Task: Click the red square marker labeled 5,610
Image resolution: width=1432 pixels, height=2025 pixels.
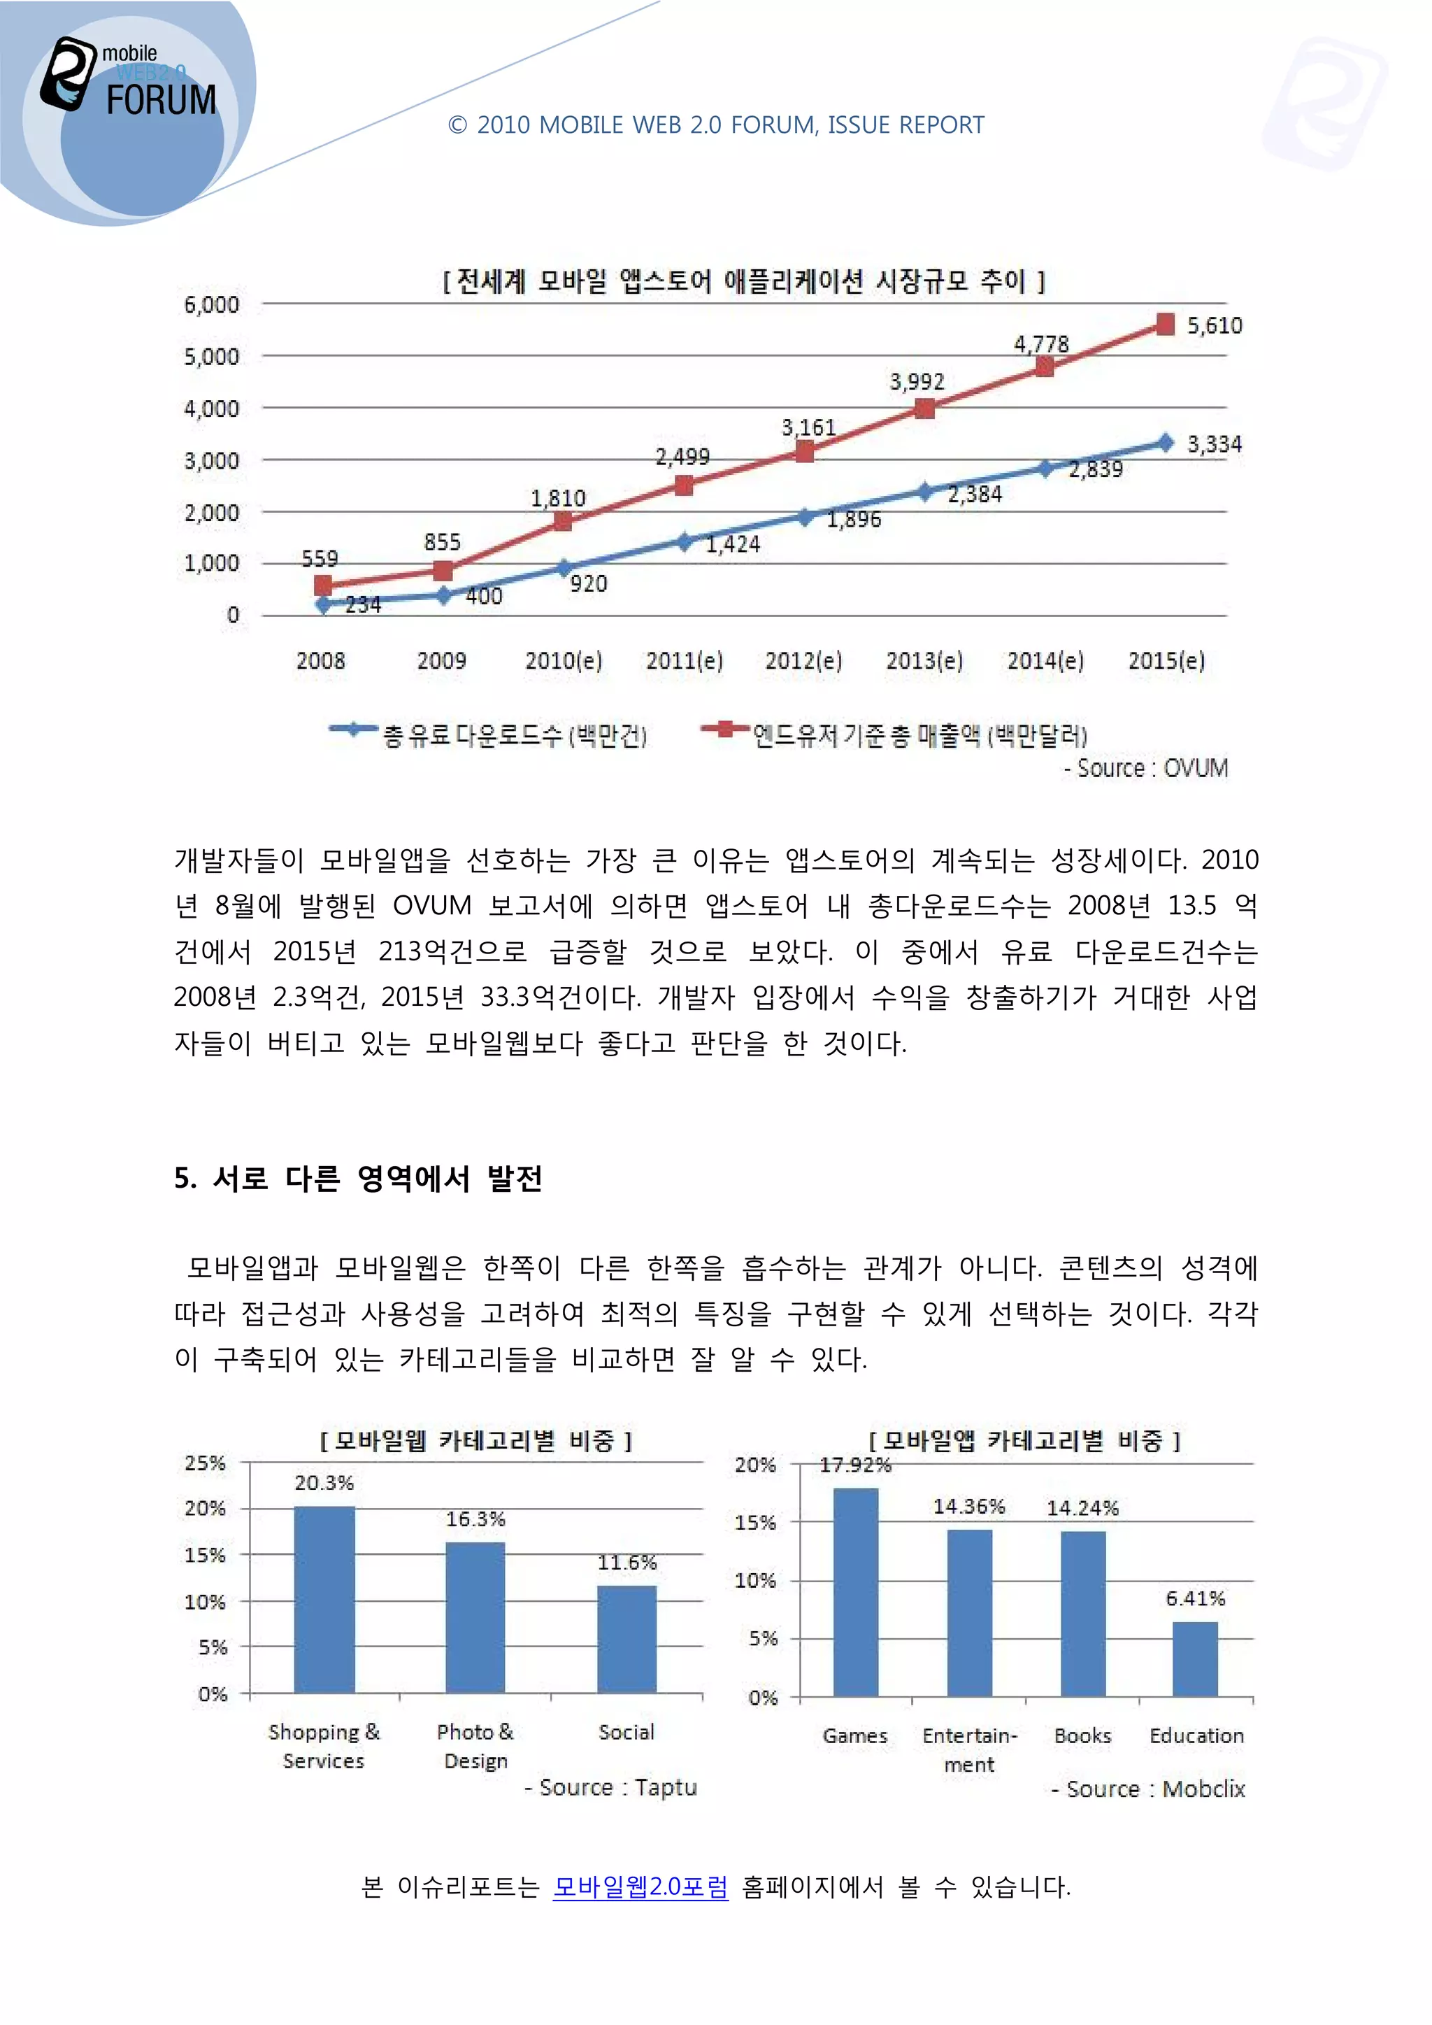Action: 1165,325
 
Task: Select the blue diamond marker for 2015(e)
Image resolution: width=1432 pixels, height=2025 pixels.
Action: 1166,443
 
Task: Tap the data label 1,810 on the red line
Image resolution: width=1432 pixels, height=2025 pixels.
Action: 557,498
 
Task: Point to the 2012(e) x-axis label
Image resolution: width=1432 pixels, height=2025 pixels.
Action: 803,660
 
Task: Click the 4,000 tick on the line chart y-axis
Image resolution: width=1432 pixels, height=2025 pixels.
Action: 212,408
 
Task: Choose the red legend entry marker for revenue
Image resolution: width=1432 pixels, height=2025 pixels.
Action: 725,728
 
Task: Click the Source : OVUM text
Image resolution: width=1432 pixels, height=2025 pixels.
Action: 1145,768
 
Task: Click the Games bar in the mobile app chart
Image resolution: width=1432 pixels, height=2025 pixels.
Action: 855,1592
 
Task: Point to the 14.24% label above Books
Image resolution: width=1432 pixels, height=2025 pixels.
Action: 1082,1508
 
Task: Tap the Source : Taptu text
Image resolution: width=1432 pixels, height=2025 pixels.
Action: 611,1788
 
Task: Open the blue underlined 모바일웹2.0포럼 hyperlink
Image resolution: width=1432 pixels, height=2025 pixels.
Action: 640,1887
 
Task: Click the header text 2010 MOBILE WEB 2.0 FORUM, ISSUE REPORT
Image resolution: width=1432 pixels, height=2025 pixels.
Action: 716,125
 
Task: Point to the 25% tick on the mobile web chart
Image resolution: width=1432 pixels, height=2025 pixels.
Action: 205,1463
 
